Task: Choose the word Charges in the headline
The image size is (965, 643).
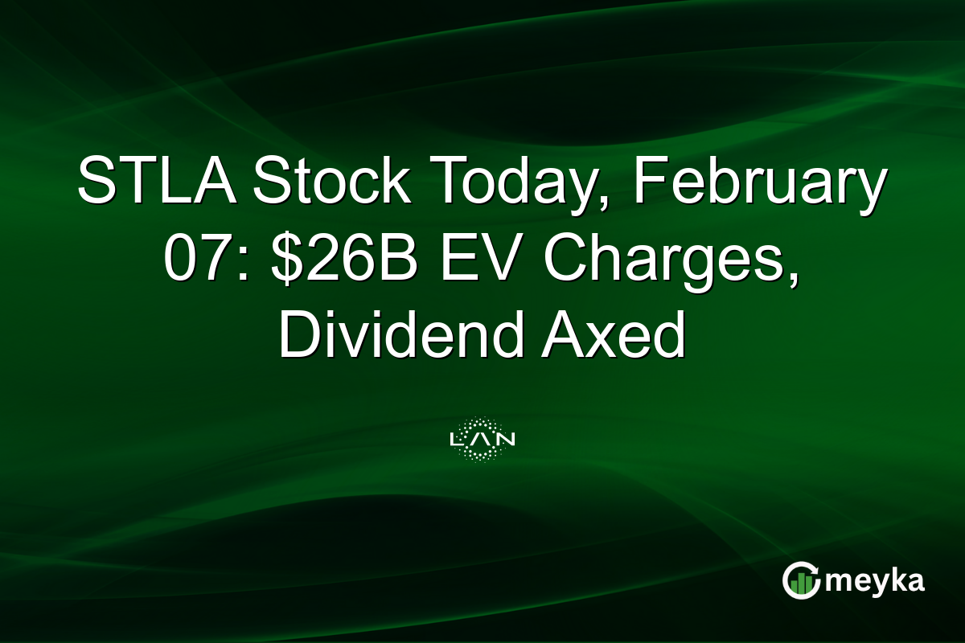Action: click(x=660, y=263)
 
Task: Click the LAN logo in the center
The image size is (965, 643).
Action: click(x=482, y=439)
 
